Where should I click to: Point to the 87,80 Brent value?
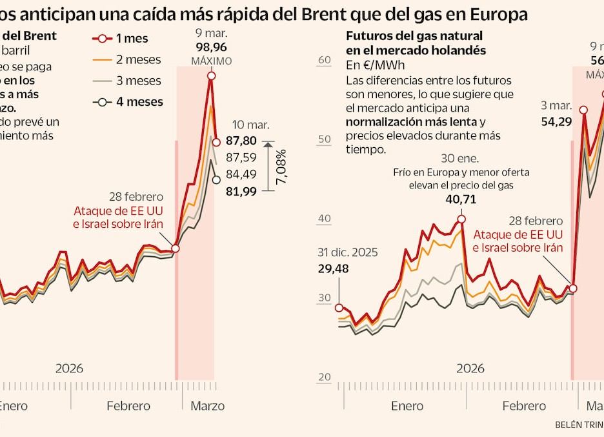[x=241, y=141]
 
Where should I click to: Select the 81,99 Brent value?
[x=241, y=190]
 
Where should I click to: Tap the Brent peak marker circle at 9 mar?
[x=211, y=76]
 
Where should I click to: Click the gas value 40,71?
[x=461, y=199]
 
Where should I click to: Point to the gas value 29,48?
[x=333, y=269]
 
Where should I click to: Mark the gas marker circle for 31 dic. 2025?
[x=339, y=308]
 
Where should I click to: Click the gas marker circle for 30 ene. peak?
[x=461, y=219]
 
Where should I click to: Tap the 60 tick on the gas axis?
[x=324, y=60]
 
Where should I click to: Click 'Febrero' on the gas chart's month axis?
[x=524, y=406]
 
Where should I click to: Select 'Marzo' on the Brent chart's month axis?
[x=207, y=406]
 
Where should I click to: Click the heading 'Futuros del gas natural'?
[x=414, y=36]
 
